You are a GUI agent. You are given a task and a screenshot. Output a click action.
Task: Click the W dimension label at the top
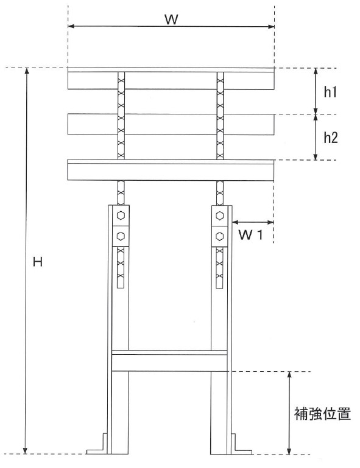click(x=171, y=19)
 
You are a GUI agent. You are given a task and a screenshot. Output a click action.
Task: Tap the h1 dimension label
click(x=330, y=92)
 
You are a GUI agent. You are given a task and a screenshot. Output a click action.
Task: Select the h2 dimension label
click(x=331, y=138)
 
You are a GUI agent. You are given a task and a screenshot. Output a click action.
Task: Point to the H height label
click(x=38, y=262)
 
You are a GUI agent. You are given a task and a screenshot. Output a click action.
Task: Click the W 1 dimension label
click(x=250, y=235)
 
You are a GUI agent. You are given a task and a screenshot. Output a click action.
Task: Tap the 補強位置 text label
click(x=322, y=414)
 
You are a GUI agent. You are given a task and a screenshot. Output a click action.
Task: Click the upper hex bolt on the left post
click(x=121, y=215)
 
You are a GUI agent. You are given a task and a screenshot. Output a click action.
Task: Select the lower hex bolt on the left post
click(x=121, y=236)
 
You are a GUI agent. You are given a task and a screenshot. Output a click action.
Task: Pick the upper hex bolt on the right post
click(x=219, y=215)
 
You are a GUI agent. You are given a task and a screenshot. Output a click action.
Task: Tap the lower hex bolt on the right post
click(x=219, y=236)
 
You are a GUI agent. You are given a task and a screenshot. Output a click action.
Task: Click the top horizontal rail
click(x=171, y=79)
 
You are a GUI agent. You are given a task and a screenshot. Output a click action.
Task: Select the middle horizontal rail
click(x=171, y=124)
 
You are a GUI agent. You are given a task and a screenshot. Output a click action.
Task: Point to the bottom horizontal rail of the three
click(x=171, y=170)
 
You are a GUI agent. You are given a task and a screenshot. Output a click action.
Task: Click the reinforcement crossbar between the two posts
click(x=169, y=361)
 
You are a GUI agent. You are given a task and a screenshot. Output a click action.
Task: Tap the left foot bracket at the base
click(x=97, y=444)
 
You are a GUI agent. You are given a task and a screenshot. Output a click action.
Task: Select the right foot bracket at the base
click(x=242, y=444)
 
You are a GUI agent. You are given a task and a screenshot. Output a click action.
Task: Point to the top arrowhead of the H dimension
click(x=27, y=71)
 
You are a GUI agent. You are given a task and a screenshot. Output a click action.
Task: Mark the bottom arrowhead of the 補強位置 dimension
click(x=289, y=451)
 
